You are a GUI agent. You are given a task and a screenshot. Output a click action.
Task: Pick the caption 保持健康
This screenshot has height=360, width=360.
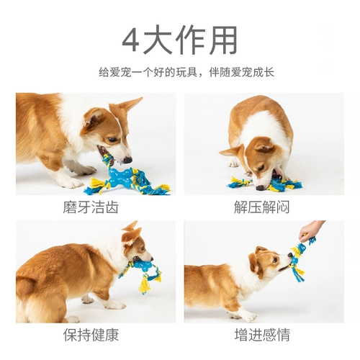tap(95, 335)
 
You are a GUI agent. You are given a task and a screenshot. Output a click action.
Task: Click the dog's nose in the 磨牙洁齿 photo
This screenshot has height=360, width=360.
tap(127, 160)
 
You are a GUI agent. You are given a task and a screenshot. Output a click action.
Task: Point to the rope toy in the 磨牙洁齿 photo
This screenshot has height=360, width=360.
tap(130, 180)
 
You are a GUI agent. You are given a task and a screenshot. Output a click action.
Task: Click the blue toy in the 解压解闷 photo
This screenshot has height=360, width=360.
tap(277, 185)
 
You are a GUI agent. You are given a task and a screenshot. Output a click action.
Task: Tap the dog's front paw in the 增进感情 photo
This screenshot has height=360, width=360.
tap(248, 316)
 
